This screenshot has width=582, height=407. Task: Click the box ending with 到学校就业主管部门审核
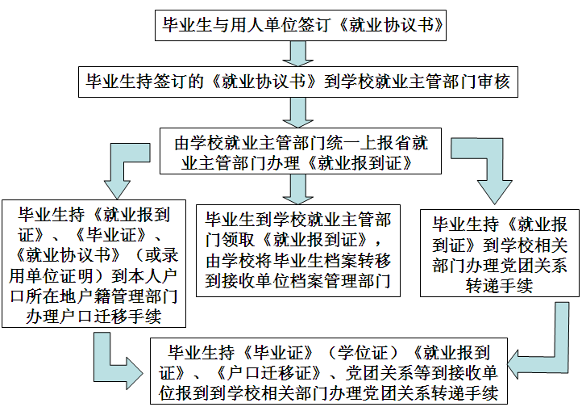click(297, 81)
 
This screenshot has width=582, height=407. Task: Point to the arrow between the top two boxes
click(298, 52)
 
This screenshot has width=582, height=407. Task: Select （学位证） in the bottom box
click(366, 352)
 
